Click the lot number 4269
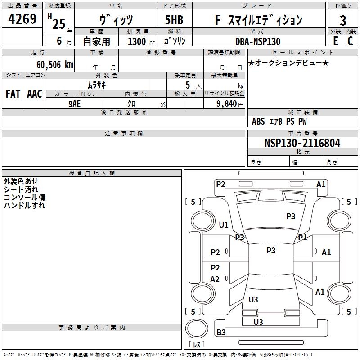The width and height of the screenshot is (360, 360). pyautogui.click(x=22, y=19)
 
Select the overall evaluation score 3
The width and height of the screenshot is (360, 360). pyautogui.click(x=343, y=20)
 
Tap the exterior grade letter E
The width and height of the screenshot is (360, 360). pyautogui.click(x=335, y=41)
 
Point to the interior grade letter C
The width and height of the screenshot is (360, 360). pyautogui.click(x=350, y=41)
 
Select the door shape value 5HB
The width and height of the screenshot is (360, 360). pyautogui.click(x=174, y=20)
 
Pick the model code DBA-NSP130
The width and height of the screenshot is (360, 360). pyautogui.click(x=258, y=41)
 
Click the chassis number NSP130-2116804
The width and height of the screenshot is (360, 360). pyautogui.click(x=302, y=143)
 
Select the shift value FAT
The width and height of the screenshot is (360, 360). pyautogui.click(x=13, y=94)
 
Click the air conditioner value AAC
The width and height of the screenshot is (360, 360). pyautogui.click(x=35, y=94)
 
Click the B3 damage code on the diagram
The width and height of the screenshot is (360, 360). pyautogui.click(x=221, y=333)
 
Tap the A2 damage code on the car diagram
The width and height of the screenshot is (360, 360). pyautogui.click(x=215, y=279)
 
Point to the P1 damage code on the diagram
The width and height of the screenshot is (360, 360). pyautogui.click(x=302, y=237)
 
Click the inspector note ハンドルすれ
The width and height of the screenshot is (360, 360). pyautogui.click(x=24, y=206)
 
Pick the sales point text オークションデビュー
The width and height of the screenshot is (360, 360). pyautogui.click(x=288, y=63)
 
